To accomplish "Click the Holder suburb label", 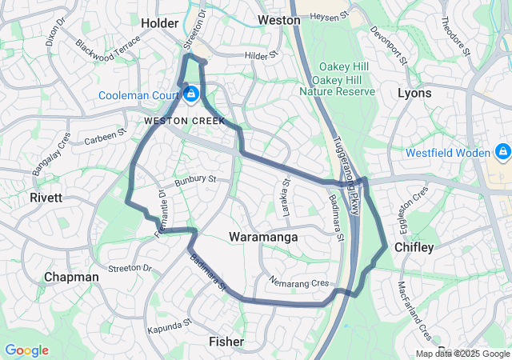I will point(159,23).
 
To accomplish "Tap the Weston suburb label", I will point(278,19).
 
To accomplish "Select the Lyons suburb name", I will point(414,93).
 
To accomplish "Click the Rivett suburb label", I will point(46,197).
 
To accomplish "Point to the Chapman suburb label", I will point(71,277).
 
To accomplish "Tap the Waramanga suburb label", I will point(263,238).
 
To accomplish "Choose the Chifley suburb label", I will point(414,248).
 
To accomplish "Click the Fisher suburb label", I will point(226,342).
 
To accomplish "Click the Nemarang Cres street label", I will point(300,282).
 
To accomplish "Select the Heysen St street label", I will point(330,15).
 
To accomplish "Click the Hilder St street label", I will point(260,56).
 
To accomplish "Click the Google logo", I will point(26,350).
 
